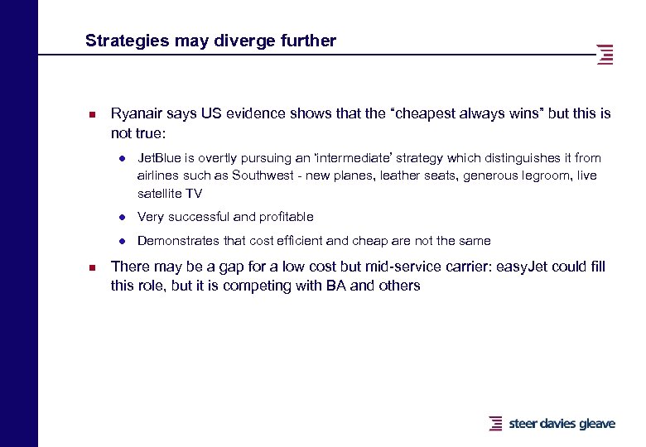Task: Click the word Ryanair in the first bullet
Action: pos(137,113)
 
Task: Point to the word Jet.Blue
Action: pos(158,157)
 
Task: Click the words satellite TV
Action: pos(169,194)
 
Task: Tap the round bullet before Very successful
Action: pos(121,218)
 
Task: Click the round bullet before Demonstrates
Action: pos(121,242)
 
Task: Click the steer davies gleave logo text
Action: pos(562,424)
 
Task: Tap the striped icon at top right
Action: pos(605,54)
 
